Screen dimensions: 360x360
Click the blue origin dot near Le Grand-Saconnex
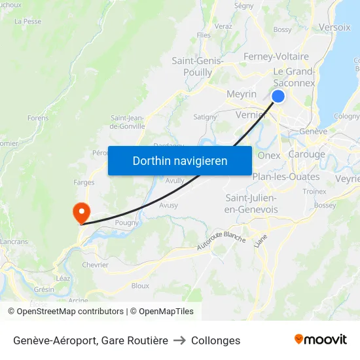[278, 96]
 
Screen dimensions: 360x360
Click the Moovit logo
[320, 340]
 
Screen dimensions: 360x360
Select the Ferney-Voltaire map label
[276, 57]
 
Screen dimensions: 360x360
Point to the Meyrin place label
[241, 94]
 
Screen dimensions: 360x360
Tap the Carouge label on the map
[307, 154]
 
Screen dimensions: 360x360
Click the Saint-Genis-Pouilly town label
[197, 67]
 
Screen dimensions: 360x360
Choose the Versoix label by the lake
[334, 27]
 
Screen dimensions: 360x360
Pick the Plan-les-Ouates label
[286, 177]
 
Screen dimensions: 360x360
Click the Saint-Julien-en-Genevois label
[251, 204]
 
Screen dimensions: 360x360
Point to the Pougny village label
[126, 223]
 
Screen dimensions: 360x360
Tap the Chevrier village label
[95, 265]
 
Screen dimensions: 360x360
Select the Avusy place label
[168, 205]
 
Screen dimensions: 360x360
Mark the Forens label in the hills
[38, 118]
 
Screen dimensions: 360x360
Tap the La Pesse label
[27, 21]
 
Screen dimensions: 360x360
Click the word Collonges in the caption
[216, 340]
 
